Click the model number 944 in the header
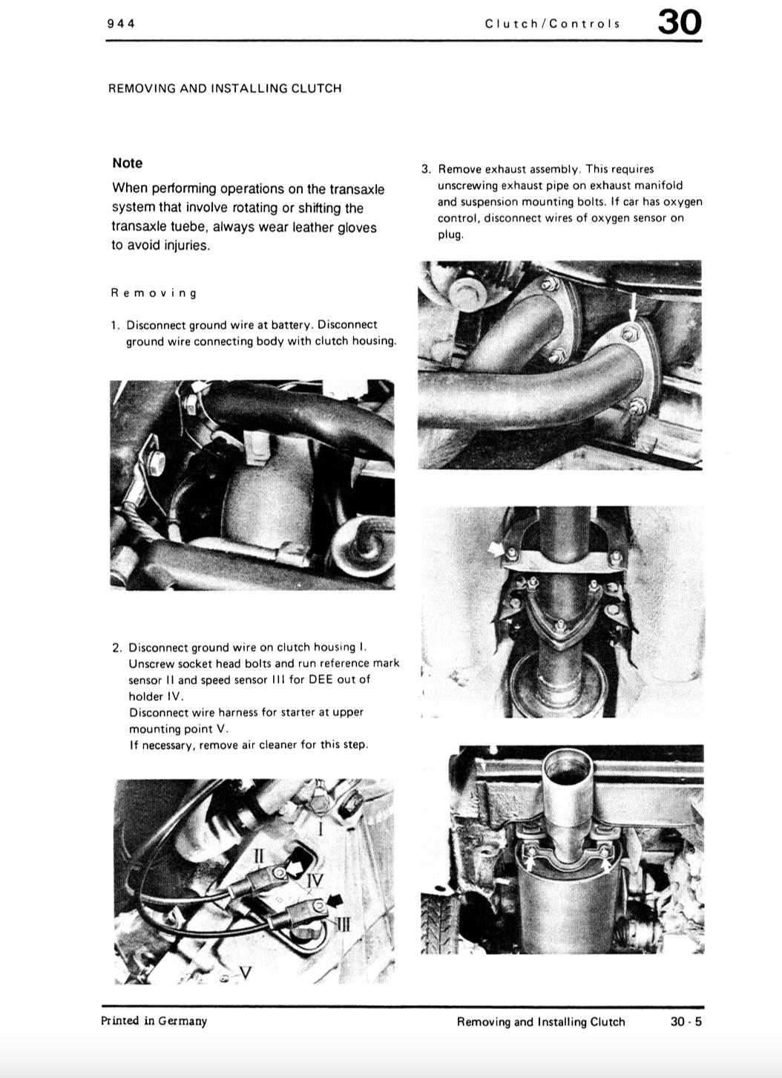click(121, 23)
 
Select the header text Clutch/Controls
click(552, 23)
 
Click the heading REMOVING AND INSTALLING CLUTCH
click(225, 88)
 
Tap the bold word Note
click(128, 163)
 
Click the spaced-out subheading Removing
click(154, 293)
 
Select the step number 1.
click(115, 325)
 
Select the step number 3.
click(426, 169)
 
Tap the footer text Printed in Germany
click(154, 1021)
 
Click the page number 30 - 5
click(686, 1022)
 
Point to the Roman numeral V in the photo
click(245, 972)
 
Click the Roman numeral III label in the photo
click(342, 924)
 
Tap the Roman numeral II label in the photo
click(258, 855)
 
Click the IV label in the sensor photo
click(315, 882)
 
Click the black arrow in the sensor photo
click(335, 900)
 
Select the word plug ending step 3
click(450, 235)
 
